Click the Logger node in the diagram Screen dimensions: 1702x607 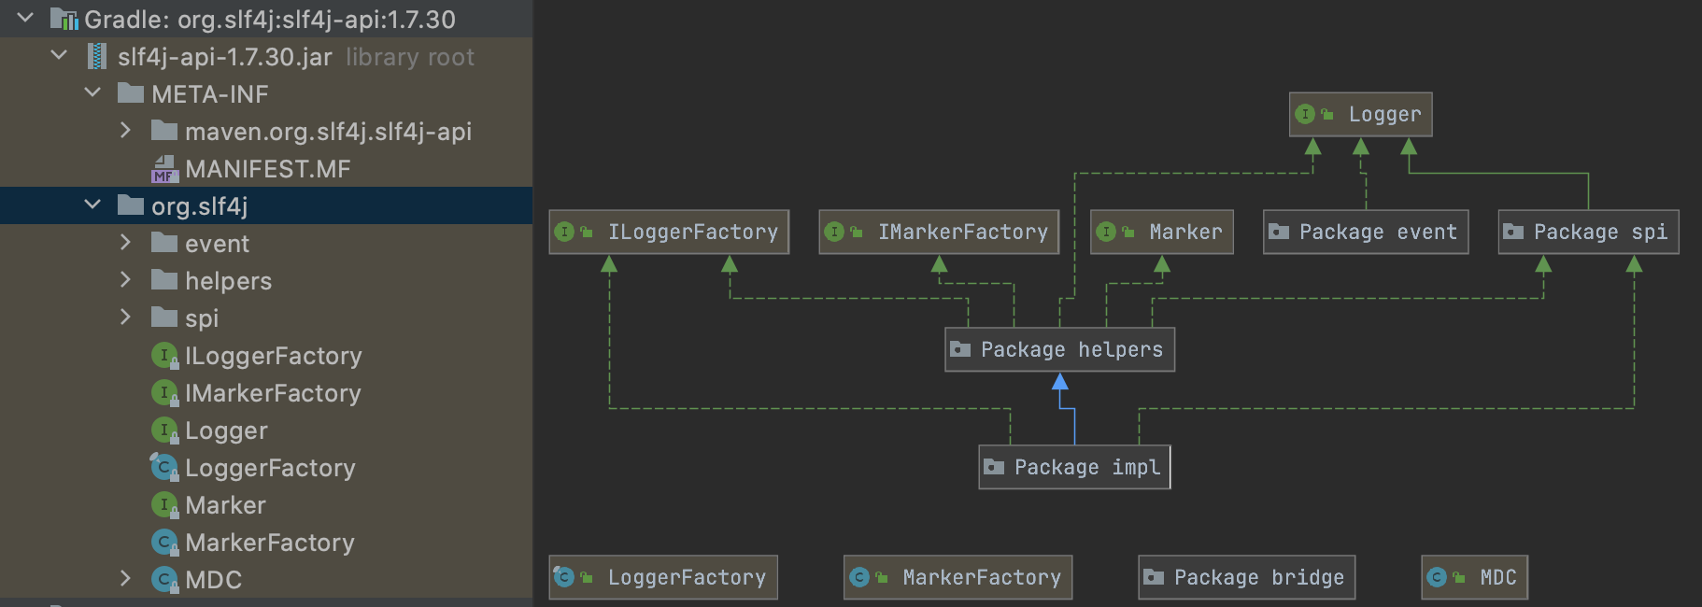(x=1360, y=115)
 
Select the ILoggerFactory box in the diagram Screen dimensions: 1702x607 (x=669, y=232)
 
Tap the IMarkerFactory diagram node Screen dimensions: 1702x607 (x=939, y=232)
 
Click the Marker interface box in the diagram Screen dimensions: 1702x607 (x=1162, y=232)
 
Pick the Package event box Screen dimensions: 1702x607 (x=1366, y=232)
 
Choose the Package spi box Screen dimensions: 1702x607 (x=1589, y=232)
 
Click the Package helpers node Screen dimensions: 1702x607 (x=1059, y=349)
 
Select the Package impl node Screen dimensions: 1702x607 (x=1074, y=467)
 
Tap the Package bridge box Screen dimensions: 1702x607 (x=1246, y=577)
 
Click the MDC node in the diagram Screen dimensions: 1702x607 (x=1474, y=577)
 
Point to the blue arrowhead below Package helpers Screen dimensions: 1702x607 (x=1059, y=381)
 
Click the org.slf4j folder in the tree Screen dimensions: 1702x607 (x=199, y=206)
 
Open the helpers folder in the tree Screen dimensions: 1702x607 (x=228, y=281)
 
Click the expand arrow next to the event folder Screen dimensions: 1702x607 (x=125, y=243)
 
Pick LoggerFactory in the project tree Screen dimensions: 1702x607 (x=270, y=468)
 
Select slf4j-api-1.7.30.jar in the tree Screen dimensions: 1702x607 (x=224, y=57)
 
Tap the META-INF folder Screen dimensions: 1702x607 (x=209, y=94)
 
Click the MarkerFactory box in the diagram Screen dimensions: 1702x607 (x=957, y=577)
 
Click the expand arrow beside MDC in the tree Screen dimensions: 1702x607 (x=125, y=579)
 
